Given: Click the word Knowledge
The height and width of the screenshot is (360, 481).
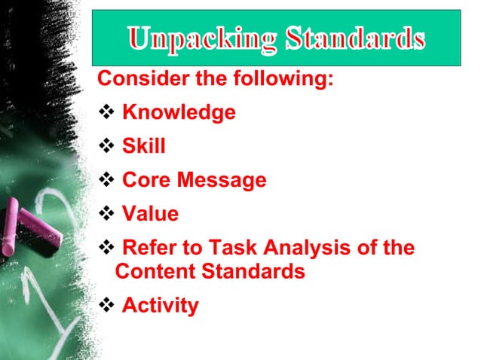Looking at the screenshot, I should [179, 113].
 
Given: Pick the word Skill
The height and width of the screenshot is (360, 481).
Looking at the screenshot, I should [143, 147].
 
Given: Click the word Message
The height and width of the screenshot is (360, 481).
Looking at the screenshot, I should [222, 181].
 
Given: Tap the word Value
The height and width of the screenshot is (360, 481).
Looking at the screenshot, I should [150, 215].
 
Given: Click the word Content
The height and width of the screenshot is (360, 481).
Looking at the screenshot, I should [155, 272].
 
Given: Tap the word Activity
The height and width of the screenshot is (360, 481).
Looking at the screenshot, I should [160, 306].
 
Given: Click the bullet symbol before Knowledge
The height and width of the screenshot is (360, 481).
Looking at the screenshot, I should [106, 113].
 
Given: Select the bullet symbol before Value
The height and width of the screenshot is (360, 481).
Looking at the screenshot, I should [106, 215].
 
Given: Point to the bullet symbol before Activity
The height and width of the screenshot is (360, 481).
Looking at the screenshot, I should [106, 306].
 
